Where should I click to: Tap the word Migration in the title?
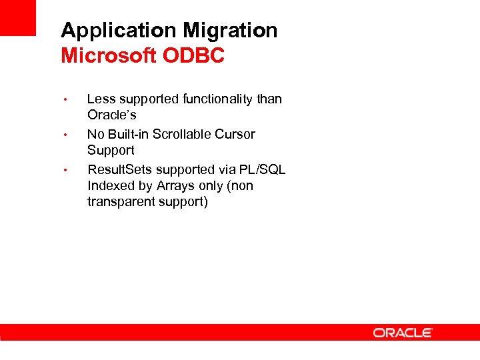point(230,31)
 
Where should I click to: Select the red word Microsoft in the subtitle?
point(108,56)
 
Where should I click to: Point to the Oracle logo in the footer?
point(403,332)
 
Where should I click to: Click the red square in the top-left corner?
point(17,17)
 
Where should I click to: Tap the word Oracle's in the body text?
point(111,115)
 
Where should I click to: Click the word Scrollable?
point(183,134)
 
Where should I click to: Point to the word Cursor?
point(235,134)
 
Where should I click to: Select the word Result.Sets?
point(119,169)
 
